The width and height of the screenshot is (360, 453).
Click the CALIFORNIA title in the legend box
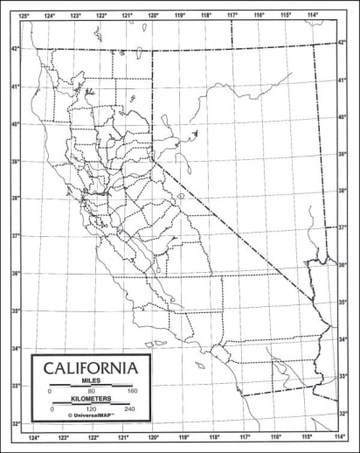coord(90,366)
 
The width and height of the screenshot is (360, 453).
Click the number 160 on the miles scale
coord(133,390)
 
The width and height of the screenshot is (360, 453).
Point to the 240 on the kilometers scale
coord(130,408)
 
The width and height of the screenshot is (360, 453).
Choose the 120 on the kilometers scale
coord(90,408)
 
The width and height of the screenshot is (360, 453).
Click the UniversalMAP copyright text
coord(90,416)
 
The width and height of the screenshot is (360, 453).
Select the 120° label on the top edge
coord(154,15)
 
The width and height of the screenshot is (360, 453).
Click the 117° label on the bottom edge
coord(246,436)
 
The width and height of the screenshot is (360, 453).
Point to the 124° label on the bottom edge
coord(33,436)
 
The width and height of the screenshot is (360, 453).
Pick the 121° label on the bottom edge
coord(123,436)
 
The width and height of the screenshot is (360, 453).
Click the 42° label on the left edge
coord(15,49)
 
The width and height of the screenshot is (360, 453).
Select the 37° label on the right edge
coord(343,227)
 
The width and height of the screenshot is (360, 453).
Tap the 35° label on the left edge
coord(15,310)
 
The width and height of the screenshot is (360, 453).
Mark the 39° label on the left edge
coord(15,162)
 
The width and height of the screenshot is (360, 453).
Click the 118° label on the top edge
coord(207,15)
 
